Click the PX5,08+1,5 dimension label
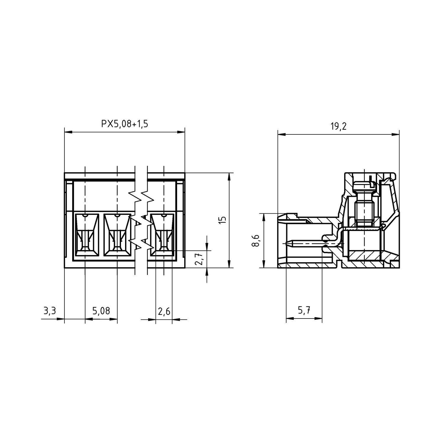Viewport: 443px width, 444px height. [x=125, y=124]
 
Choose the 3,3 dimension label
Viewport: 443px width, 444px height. [x=50, y=311]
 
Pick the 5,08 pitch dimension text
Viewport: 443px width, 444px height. [x=101, y=311]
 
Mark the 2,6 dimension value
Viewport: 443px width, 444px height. [x=164, y=311]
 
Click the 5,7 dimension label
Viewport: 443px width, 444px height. [x=304, y=311]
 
